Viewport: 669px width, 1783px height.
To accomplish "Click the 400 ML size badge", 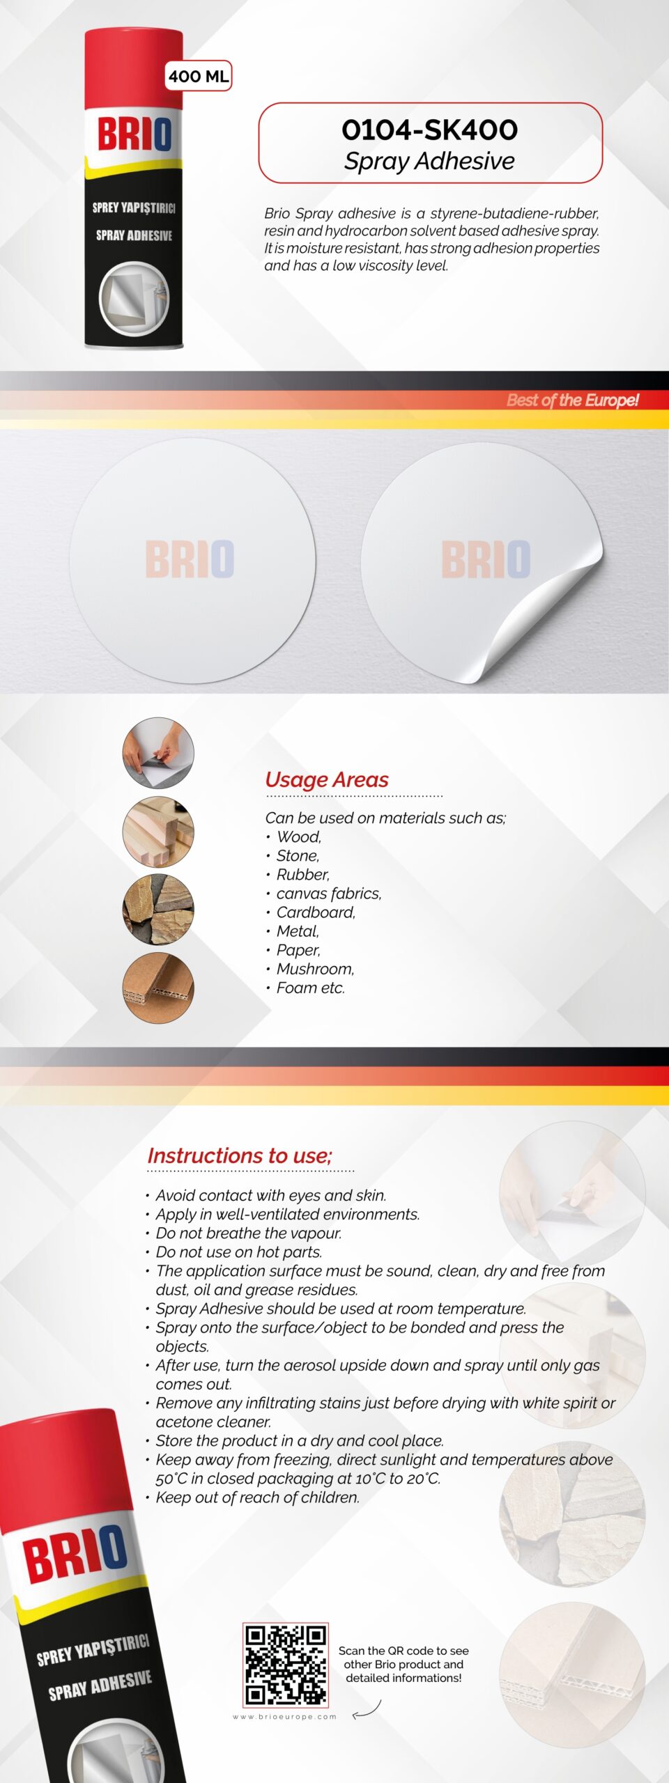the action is coord(199,76).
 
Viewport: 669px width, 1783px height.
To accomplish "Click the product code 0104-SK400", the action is coord(429,130).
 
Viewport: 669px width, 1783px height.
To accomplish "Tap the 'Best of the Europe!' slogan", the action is coord(572,400).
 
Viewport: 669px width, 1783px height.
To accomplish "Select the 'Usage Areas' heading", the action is coord(327,779).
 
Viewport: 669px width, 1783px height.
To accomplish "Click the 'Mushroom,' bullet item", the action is coord(315,969).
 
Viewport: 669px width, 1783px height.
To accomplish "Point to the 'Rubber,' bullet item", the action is coord(302,874).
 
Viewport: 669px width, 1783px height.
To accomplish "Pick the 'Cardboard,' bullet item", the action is coord(316,912).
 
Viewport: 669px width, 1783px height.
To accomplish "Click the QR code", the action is coord(286,1665).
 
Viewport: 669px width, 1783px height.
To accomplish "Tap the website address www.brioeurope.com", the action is coord(284,1717).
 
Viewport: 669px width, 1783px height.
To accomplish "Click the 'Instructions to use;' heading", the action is coord(240,1155).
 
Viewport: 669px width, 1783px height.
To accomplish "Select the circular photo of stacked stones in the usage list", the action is coord(158,910).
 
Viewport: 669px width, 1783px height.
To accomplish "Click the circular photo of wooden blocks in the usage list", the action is coord(158,832).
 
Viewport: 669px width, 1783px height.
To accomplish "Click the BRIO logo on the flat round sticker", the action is coord(190,559).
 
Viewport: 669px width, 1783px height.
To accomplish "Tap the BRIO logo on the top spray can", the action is coord(134,134).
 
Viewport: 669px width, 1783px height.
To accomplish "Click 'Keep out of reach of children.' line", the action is coord(257,1497).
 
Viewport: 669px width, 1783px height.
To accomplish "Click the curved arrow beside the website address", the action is coord(367,1711).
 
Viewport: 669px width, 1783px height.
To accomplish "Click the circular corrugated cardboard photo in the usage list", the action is coord(158,988).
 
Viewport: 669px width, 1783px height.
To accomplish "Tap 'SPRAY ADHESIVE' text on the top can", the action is coord(134,235).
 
